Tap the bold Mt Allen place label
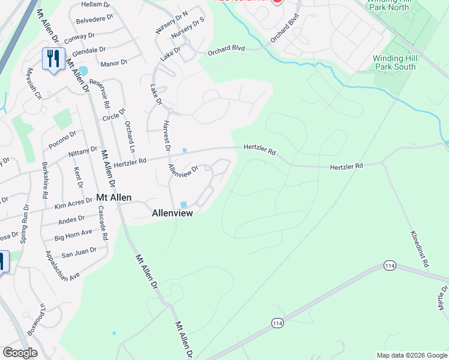pyautogui.click(x=115, y=197)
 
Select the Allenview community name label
pyautogui.click(x=173, y=212)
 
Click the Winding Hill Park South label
pyautogui.click(x=394, y=62)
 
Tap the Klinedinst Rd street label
pyautogui.click(x=419, y=248)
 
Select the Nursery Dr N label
pyautogui.click(x=173, y=22)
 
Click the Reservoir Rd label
pyautogui.click(x=99, y=94)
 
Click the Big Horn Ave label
pyautogui.click(x=73, y=235)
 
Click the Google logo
pyautogui.click(x=20, y=353)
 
